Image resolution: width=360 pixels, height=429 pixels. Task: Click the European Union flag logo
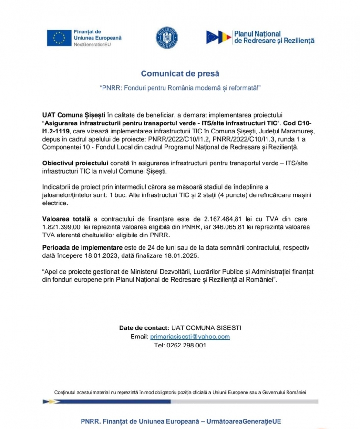click(59, 38)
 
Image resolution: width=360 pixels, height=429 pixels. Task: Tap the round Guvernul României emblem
click(167, 38)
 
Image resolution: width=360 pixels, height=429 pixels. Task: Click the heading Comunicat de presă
click(180, 73)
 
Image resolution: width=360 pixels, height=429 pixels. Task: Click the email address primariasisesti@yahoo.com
click(190, 337)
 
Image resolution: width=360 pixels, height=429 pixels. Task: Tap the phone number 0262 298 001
click(186, 345)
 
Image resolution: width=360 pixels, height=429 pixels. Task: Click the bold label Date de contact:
click(144, 328)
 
